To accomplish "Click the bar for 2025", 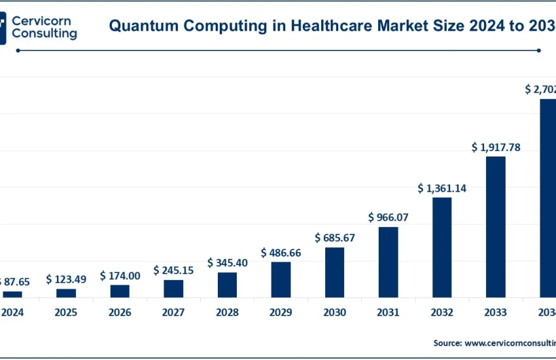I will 66,293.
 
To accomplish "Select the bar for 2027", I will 173,289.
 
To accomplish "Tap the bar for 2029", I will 281,279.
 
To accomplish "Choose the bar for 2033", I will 496,227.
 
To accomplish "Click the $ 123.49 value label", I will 66,279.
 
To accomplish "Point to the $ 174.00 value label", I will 120,276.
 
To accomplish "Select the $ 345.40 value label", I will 228,262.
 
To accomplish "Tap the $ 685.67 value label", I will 335,238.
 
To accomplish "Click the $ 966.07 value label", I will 389,217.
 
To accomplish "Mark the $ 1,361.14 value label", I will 442,189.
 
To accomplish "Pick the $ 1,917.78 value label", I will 496,147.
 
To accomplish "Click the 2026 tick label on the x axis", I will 120,313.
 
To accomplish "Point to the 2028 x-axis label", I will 227,313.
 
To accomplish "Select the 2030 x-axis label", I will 335,313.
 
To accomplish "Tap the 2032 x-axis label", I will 442,313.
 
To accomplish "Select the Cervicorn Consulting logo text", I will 44,27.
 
